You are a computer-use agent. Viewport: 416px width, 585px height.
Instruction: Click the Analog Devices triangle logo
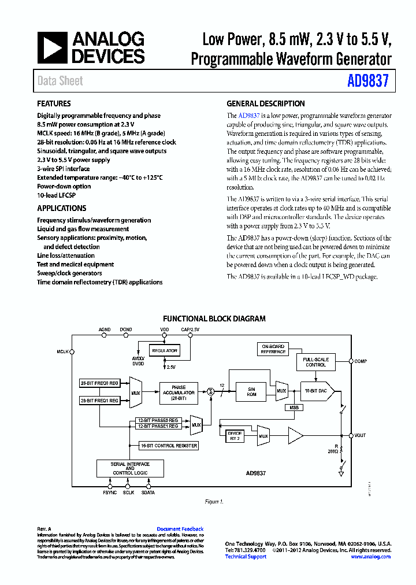52,47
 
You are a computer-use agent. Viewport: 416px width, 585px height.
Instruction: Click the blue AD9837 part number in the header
369,82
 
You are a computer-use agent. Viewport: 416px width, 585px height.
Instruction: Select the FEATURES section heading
54,104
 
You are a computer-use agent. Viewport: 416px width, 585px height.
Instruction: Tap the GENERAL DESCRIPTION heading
266,104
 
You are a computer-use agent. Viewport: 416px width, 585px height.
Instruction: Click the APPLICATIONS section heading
62,208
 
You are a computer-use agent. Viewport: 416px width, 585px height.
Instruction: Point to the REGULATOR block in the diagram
164,351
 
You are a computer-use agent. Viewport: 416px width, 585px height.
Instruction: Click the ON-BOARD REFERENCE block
273,349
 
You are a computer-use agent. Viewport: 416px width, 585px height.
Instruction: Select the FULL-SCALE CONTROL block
316,362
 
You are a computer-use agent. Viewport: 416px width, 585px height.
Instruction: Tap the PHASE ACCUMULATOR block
179,391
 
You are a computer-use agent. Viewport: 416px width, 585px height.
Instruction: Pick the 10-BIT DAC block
316,391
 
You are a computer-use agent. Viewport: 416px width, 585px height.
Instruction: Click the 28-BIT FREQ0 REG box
99,383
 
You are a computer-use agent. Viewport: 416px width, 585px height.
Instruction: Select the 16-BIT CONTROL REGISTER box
169,445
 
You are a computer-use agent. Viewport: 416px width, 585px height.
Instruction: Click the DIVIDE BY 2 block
235,435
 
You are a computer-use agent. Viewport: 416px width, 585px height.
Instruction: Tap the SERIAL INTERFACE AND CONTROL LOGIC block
130,468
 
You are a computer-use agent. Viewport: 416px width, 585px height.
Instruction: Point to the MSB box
294,408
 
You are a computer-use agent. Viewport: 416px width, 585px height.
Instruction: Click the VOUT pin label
360,435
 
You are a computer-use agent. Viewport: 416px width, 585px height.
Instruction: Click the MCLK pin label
62,351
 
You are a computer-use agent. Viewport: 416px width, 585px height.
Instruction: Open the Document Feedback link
180,529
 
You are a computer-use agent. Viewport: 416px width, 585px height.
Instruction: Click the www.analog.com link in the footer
370,557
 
